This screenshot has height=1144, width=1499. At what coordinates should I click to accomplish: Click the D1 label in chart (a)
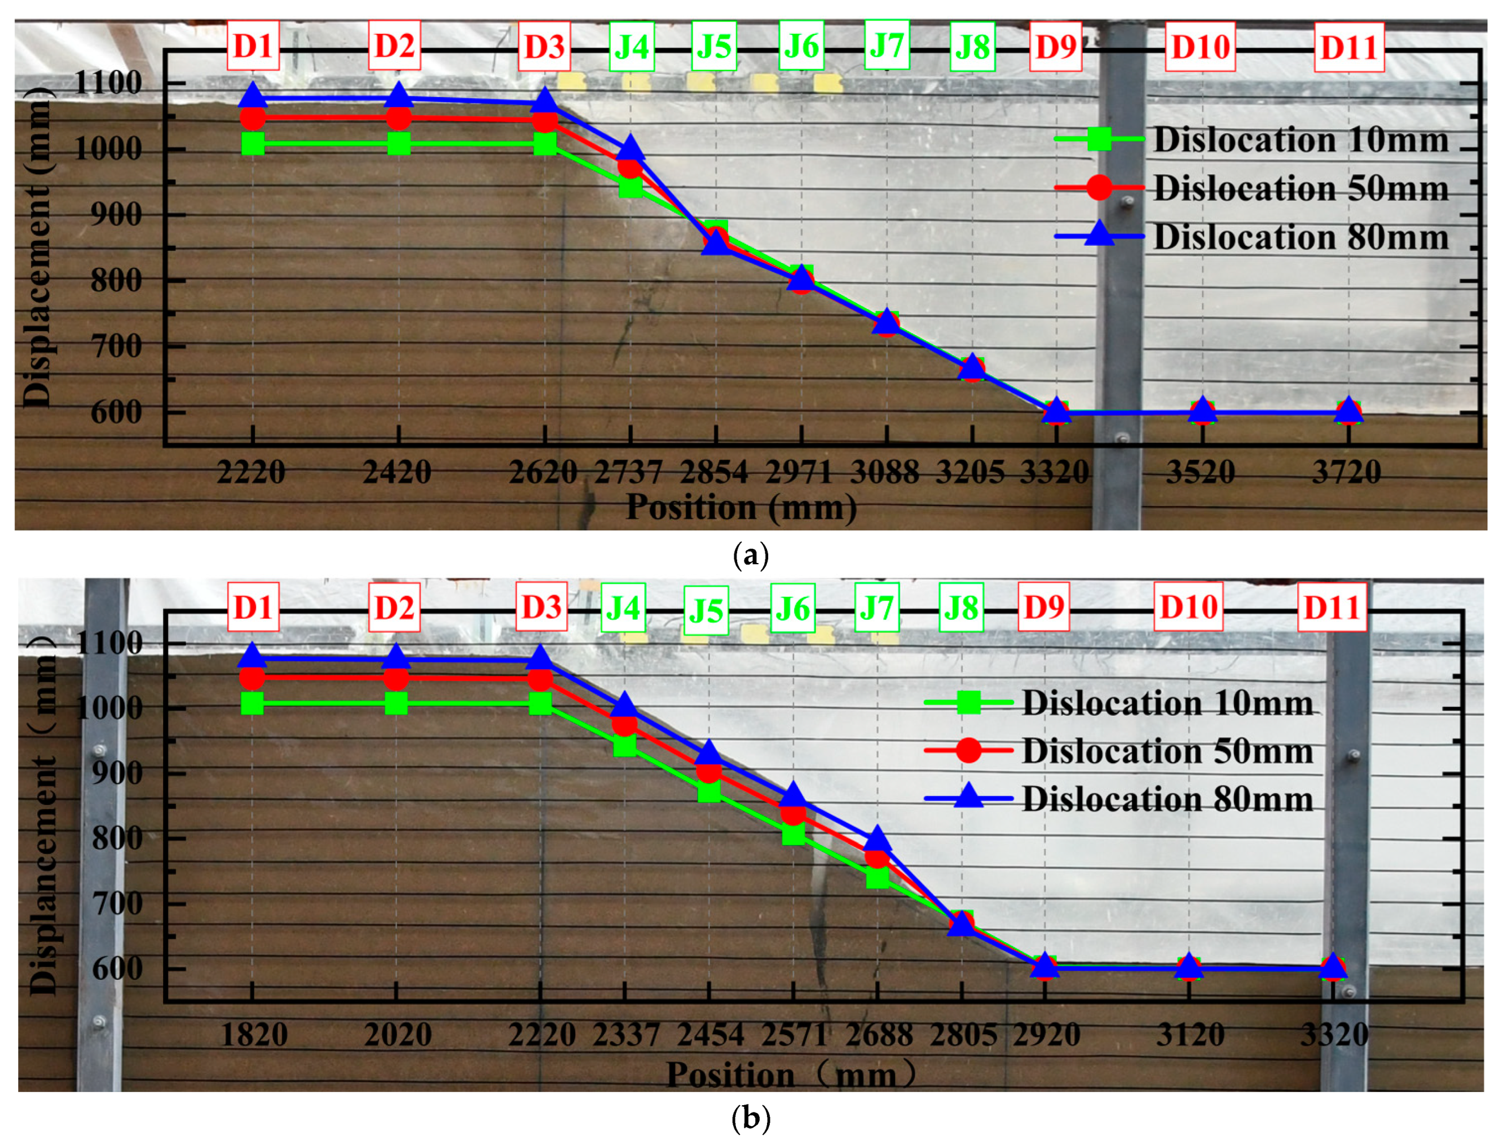[252, 45]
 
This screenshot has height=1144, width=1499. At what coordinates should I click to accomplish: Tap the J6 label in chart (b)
[792, 608]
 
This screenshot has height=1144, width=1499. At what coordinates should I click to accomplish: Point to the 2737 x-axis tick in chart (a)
[628, 472]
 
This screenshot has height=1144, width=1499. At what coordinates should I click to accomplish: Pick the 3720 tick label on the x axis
[1346, 472]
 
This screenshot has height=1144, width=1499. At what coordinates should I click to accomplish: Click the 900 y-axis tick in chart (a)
[116, 215]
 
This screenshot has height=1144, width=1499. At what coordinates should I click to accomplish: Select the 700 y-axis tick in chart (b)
[117, 904]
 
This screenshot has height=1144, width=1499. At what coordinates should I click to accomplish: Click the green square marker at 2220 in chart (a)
[252, 144]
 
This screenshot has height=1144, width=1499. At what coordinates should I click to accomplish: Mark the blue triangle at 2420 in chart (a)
[398, 97]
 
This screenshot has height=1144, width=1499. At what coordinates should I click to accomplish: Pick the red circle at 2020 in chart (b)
[396, 677]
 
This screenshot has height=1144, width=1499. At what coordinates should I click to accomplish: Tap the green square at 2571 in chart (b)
[793, 833]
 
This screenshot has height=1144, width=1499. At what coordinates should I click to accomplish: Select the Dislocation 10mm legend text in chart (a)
[1300, 140]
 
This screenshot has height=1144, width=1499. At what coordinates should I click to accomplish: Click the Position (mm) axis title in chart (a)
[741, 507]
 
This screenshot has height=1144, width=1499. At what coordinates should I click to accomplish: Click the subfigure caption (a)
[750, 556]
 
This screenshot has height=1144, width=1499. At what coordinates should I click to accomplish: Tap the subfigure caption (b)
[750, 1119]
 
